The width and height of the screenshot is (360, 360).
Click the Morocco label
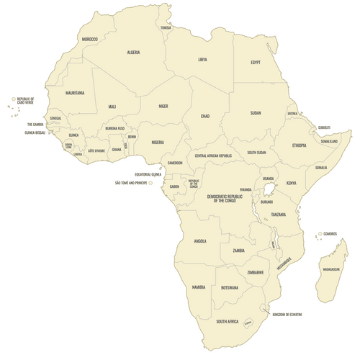[90, 38]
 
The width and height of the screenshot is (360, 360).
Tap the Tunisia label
[166, 28]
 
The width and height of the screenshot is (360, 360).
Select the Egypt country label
[255, 62]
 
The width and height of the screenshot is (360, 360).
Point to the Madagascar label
[331, 269]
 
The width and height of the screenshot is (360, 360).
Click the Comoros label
[332, 233]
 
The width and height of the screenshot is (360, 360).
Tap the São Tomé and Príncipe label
[131, 183]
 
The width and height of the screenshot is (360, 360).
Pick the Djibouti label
[325, 127]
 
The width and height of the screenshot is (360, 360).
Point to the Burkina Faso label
[115, 128]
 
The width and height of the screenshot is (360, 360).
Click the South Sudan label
[256, 153]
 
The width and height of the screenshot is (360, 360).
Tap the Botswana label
[230, 287]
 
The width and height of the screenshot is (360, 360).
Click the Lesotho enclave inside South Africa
[248, 323]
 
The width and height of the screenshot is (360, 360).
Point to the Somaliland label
[329, 141]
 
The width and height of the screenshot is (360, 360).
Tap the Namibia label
[199, 287]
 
